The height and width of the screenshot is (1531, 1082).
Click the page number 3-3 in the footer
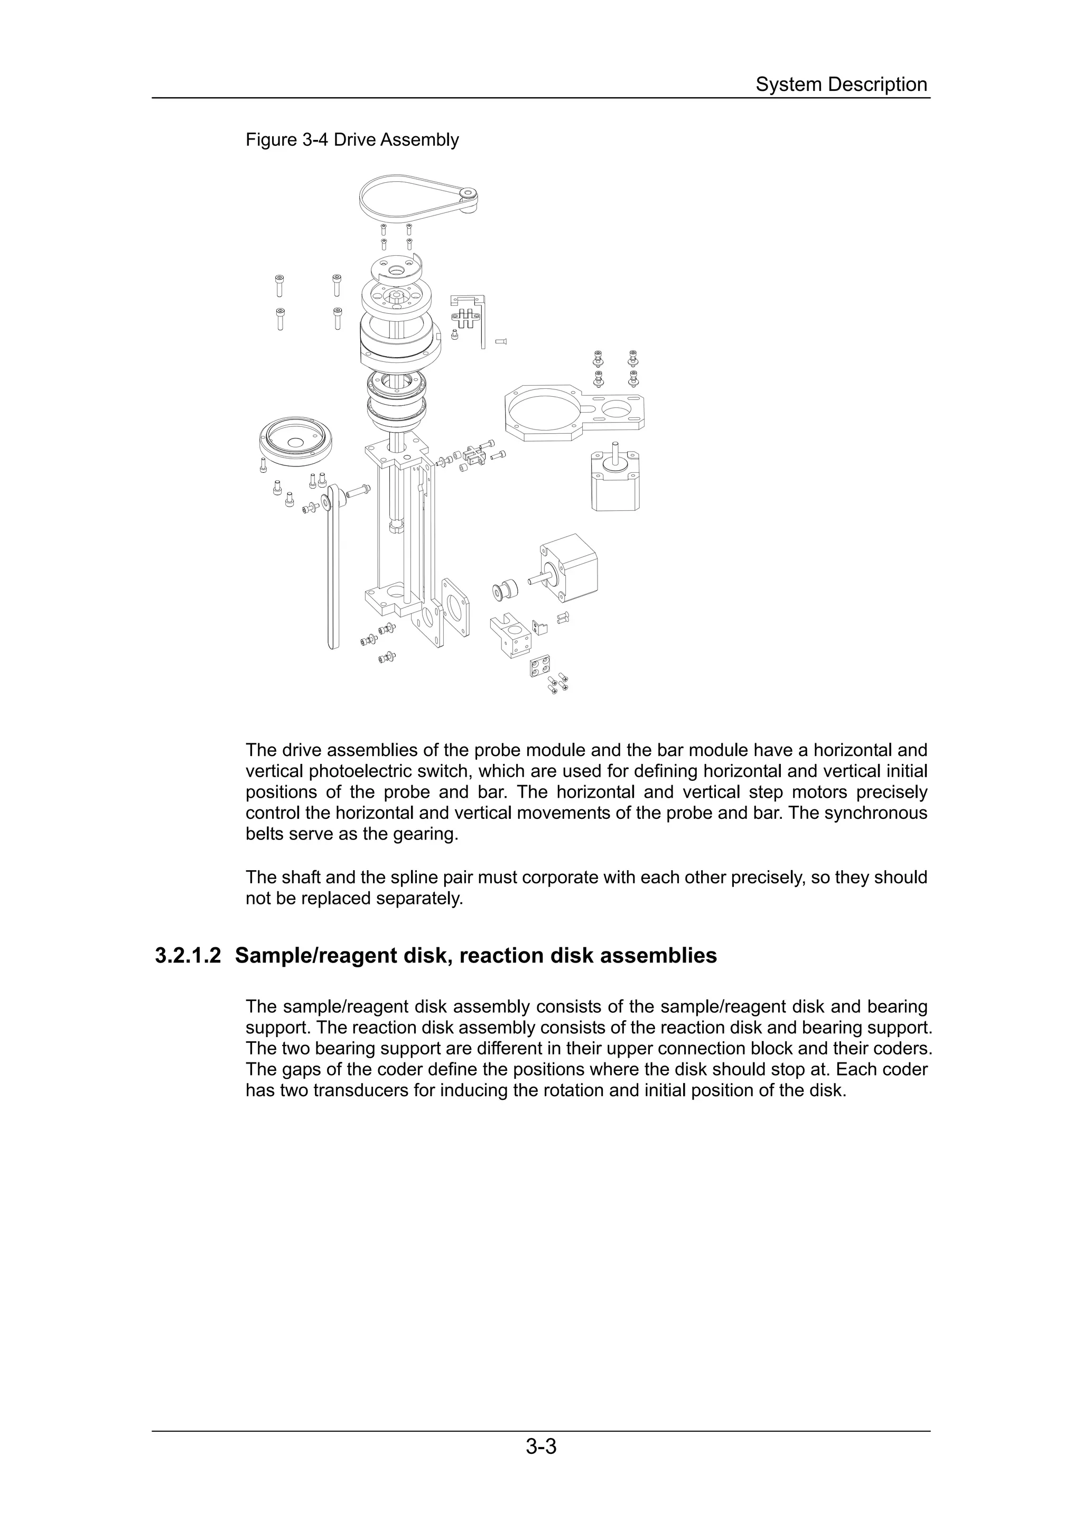(x=540, y=1464)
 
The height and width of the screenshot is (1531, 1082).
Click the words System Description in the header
(x=841, y=85)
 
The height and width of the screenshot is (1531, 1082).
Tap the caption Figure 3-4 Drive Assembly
(x=352, y=140)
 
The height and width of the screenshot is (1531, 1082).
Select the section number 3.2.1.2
(x=188, y=956)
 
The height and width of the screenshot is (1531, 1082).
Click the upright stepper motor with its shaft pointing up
(x=615, y=480)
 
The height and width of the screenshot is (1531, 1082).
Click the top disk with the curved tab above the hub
(x=396, y=270)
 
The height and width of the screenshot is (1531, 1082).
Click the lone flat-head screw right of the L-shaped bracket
(x=502, y=341)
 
